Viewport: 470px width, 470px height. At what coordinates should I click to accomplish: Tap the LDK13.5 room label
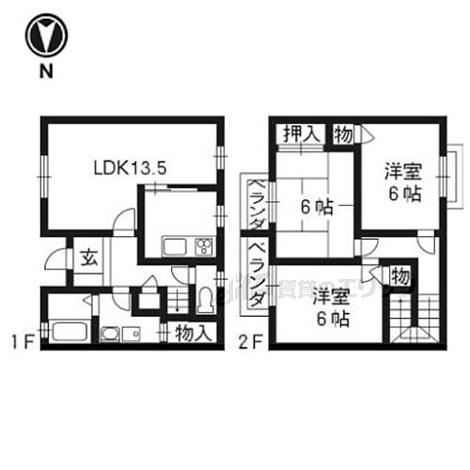click(x=129, y=170)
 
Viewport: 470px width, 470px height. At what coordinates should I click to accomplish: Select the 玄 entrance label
click(x=85, y=258)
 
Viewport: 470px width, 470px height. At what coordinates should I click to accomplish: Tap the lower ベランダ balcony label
click(x=255, y=274)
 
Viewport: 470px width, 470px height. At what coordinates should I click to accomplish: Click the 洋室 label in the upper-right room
click(x=404, y=173)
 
